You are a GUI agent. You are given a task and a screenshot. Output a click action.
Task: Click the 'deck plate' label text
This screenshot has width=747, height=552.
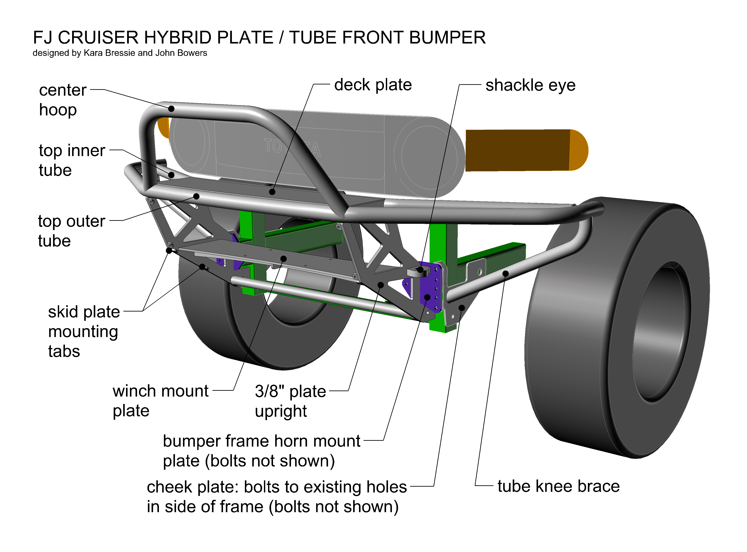pos(373,85)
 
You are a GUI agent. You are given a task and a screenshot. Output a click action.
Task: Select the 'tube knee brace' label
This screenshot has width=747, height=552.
pos(558,486)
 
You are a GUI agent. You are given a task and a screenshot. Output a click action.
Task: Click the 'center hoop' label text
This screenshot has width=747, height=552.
pos(63,100)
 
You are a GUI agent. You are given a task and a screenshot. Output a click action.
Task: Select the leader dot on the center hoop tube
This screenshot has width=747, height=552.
pos(171,109)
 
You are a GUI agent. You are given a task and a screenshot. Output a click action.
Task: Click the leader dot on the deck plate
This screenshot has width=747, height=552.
pos(272,192)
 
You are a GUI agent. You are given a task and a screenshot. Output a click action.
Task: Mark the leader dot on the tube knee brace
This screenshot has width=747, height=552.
pos(505,274)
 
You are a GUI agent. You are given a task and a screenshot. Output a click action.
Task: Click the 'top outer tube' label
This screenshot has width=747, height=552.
pos(71,231)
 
